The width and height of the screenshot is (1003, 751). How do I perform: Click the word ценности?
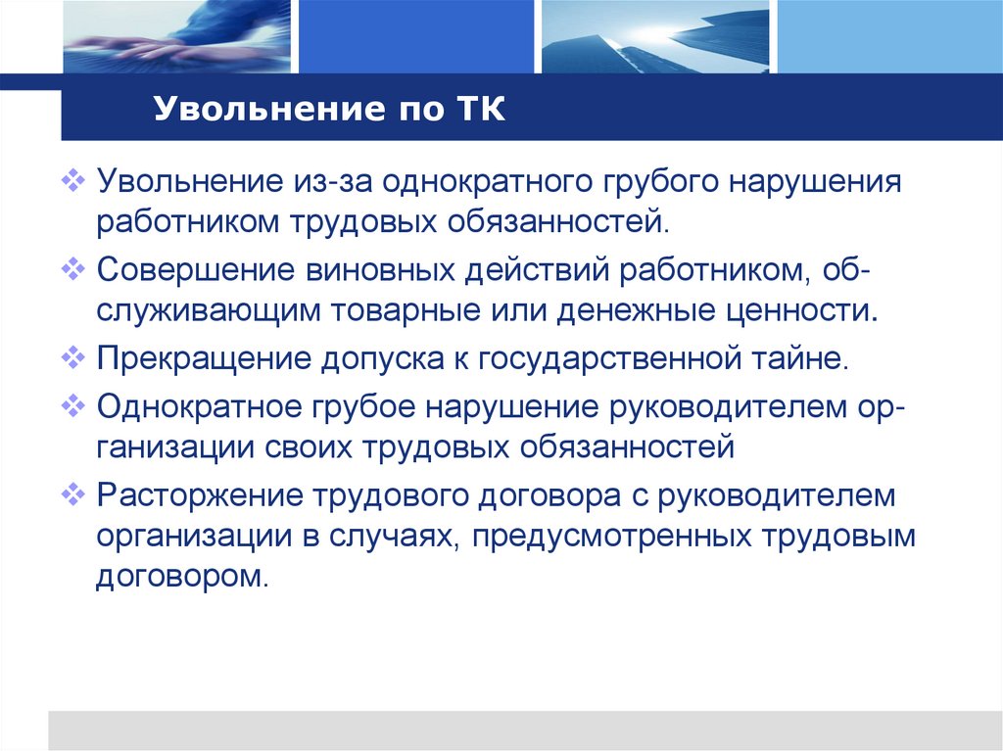[x=804, y=311]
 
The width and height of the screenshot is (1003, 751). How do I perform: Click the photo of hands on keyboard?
[x=176, y=36]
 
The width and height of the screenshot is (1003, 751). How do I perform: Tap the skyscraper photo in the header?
[x=654, y=36]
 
